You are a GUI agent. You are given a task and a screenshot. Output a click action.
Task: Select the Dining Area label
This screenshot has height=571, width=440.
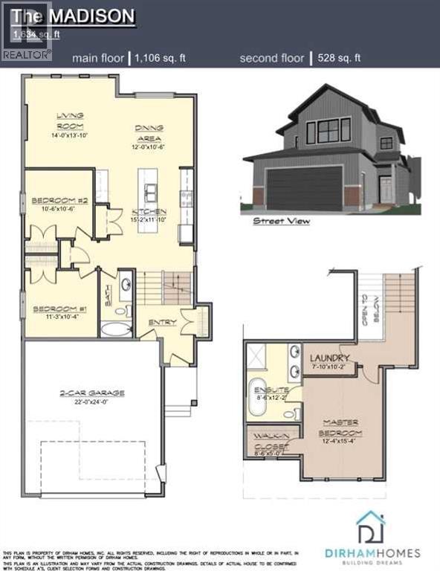click(149, 132)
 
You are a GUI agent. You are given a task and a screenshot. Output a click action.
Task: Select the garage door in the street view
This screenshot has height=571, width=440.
click(304, 188)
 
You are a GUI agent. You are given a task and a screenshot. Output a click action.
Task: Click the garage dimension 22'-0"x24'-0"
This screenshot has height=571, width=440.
click(93, 402)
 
